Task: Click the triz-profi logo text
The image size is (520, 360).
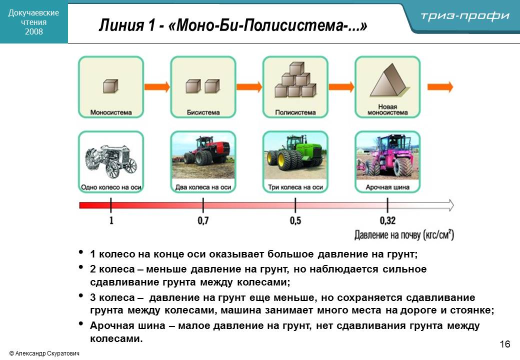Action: click(x=464, y=16)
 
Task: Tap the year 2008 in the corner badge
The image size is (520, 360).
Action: click(x=34, y=31)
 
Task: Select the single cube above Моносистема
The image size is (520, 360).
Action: click(x=111, y=86)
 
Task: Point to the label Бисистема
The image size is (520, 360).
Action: click(x=203, y=112)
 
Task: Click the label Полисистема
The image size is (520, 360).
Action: click(x=295, y=112)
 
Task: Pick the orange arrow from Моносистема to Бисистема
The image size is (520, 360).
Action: click(x=157, y=87)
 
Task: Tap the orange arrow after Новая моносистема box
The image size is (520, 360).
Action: click(x=440, y=87)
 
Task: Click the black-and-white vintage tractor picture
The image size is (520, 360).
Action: click(x=111, y=161)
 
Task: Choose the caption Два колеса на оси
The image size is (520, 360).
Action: click(x=203, y=187)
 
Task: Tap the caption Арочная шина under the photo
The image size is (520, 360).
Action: click(x=387, y=187)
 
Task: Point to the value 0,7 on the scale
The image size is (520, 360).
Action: click(x=203, y=220)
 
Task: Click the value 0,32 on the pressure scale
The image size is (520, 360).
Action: click(x=387, y=220)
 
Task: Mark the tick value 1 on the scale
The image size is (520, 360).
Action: click(x=111, y=220)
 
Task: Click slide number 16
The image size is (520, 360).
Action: click(x=504, y=344)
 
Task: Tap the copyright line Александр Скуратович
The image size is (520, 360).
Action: click(x=44, y=353)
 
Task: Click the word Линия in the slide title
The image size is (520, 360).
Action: click(x=121, y=25)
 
